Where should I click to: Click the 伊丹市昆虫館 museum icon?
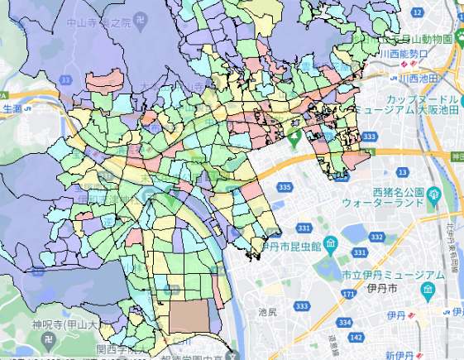pyautogui.click(x=330, y=245)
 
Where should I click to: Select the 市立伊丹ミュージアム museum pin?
pyautogui.click(x=427, y=290)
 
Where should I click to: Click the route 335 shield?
pyautogui.click(x=285, y=189)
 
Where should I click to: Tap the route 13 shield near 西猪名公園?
pyautogui.click(x=402, y=171)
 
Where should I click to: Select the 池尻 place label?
pyautogui.click(x=267, y=313)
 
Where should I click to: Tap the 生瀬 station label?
pyautogui.click(x=12, y=108)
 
